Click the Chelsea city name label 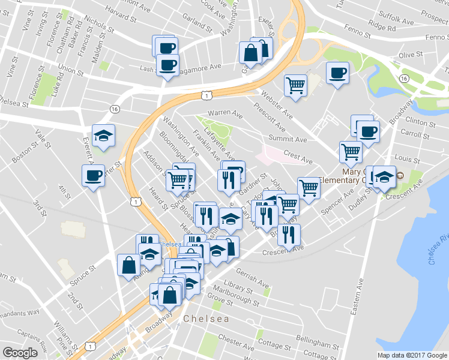[x=206, y=319]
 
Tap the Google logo [x=20, y=353]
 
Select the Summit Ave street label [x=288, y=139]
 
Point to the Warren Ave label [x=225, y=113]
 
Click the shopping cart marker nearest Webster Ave [x=295, y=85]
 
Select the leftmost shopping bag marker [x=130, y=265]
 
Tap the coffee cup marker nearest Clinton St [x=367, y=130]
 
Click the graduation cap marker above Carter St [x=104, y=135]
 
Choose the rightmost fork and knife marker [x=289, y=234]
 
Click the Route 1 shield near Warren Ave [x=206, y=95]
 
